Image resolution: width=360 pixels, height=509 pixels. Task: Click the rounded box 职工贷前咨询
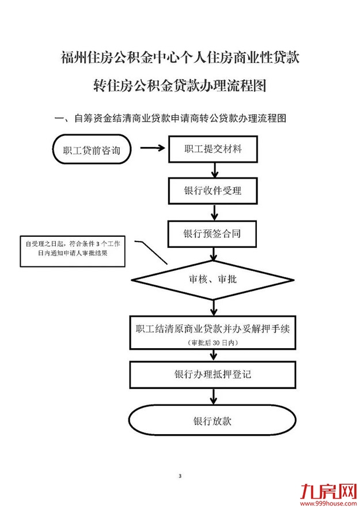pyautogui.click(x=92, y=150)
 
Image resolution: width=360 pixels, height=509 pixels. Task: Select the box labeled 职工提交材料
pyautogui.click(x=213, y=149)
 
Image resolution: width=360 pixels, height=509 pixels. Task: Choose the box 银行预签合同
pyautogui.click(x=213, y=234)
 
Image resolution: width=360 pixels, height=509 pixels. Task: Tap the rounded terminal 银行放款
pyautogui.click(x=213, y=421)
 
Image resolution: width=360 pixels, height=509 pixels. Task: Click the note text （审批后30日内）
pyautogui.click(x=213, y=343)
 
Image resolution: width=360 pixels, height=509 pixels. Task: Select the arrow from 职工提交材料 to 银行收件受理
pyautogui.click(x=214, y=170)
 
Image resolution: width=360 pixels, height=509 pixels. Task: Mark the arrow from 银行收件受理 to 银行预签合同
pyautogui.click(x=214, y=213)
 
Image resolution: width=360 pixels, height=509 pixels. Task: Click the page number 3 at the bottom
pyautogui.click(x=180, y=476)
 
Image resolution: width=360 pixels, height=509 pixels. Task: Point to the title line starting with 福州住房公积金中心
pyautogui.click(x=180, y=58)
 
